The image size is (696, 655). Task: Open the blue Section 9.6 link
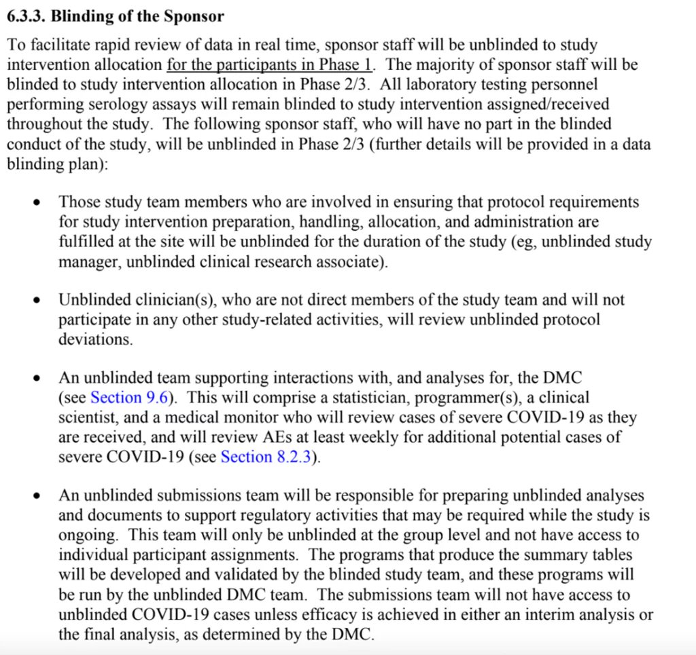click(x=128, y=397)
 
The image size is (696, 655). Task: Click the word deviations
click(x=95, y=339)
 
